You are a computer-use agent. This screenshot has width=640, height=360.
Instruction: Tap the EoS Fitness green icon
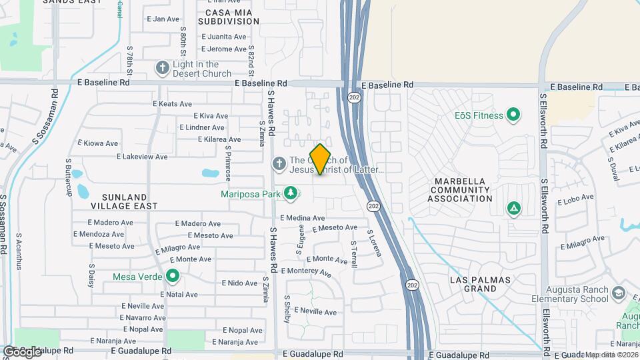513,115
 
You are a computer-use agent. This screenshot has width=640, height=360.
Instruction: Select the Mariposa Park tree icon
290,193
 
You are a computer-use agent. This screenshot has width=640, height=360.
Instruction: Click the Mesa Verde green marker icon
173,275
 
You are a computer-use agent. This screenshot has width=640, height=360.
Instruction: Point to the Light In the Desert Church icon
162,68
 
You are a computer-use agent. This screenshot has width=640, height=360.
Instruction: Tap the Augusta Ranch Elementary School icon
618,293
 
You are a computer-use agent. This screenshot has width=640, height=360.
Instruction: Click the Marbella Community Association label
463,190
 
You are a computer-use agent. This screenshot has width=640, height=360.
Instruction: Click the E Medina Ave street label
302,218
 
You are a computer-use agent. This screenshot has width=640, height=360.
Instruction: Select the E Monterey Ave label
306,271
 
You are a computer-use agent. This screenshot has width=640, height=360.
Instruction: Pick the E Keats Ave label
172,104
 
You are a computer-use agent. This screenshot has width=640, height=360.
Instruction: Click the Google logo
21,351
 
